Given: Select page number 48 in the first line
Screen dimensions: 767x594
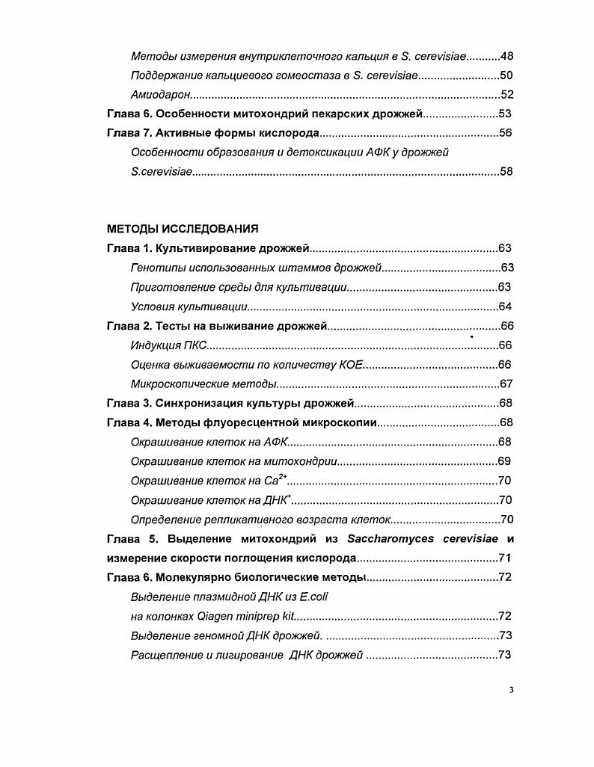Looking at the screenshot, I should coord(506,56).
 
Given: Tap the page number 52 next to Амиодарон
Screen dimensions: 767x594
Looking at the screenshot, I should coord(506,94).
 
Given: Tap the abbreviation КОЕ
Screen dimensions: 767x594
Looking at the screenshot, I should coord(349,364).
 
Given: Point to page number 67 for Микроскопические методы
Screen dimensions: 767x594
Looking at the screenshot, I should coord(506,383).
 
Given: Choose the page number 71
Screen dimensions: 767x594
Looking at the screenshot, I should coord(506,558).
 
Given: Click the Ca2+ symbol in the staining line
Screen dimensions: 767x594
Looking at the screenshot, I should coord(275,480).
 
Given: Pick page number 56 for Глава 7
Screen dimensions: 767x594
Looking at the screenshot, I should coord(506,133).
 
